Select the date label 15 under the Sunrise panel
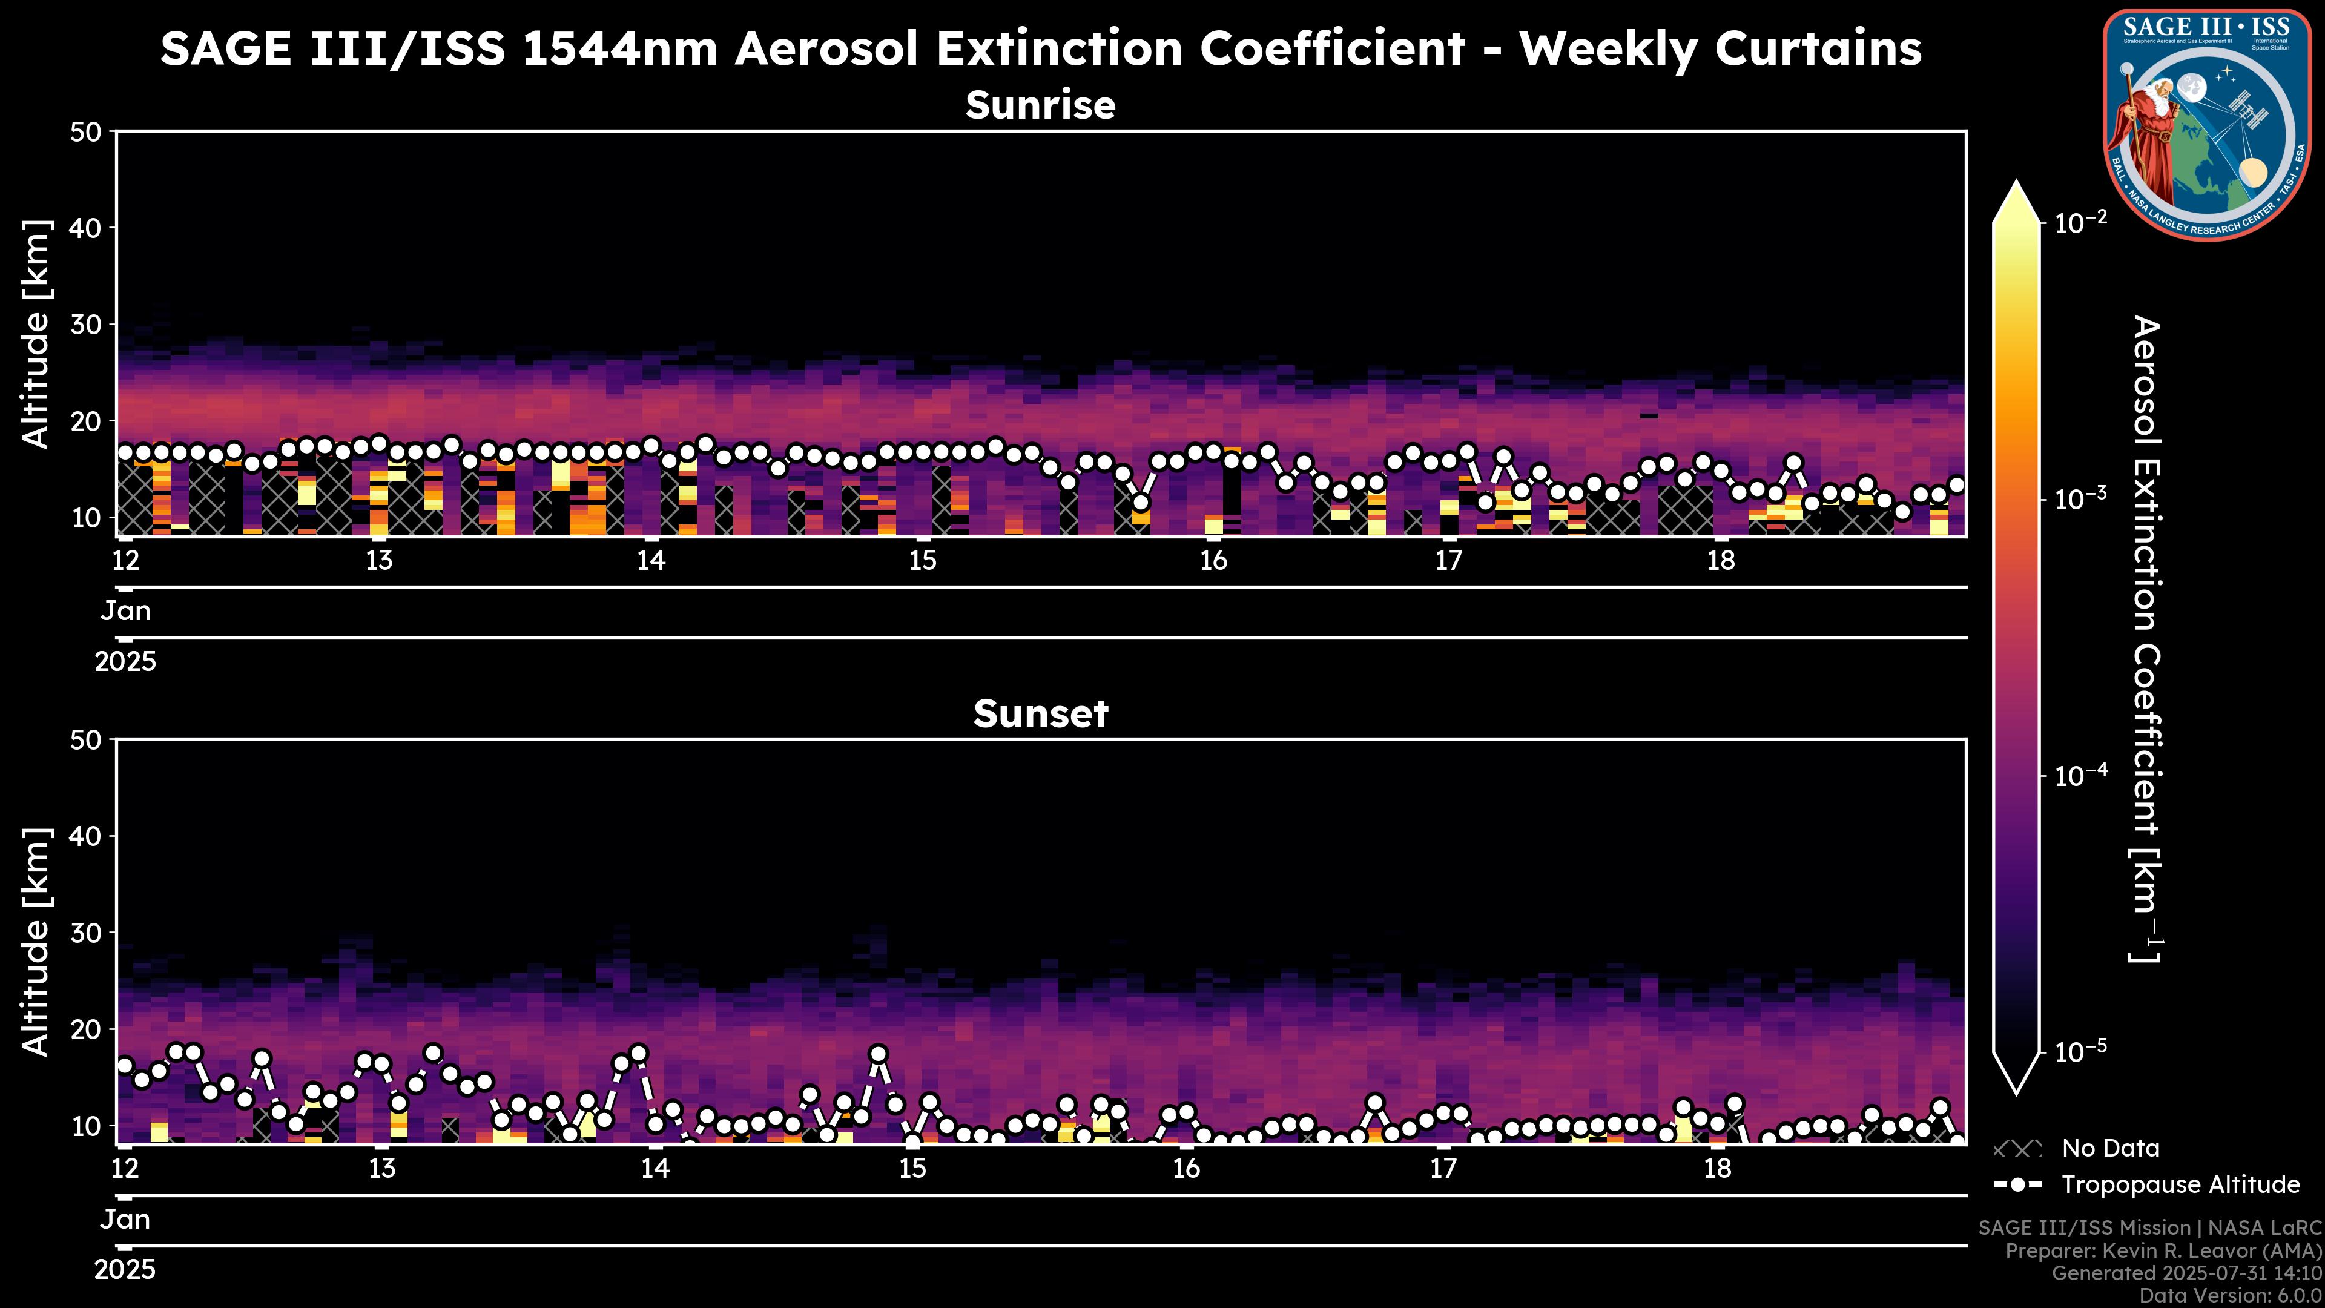click(x=922, y=561)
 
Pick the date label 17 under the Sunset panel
click(x=1443, y=1169)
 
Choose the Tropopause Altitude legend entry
click(x=2180, y=1185)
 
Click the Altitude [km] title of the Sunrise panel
click(x=36, y=334)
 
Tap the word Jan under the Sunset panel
click(x=125, y=1220)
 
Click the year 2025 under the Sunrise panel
click(x=125, y=662)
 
